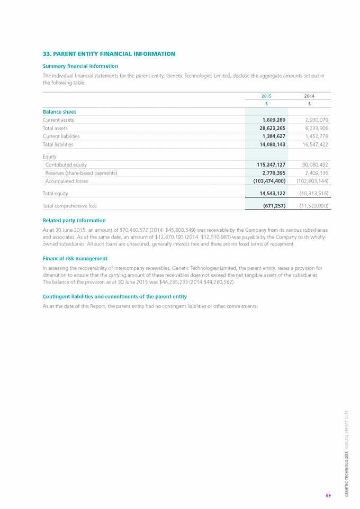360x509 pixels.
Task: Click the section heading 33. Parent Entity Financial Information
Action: click(109, 54)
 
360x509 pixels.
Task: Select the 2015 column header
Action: click(266, 96)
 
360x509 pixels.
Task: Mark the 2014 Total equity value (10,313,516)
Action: click(311, 194)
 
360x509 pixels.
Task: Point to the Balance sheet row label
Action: click(59, 112)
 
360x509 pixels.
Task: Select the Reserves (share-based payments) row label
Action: click(81, 173)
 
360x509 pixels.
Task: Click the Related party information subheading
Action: click(74, 220)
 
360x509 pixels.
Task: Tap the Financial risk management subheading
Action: click(75, 258)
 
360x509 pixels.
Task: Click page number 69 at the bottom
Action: click(328, 495)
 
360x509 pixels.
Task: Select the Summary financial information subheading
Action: click(80, 66)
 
